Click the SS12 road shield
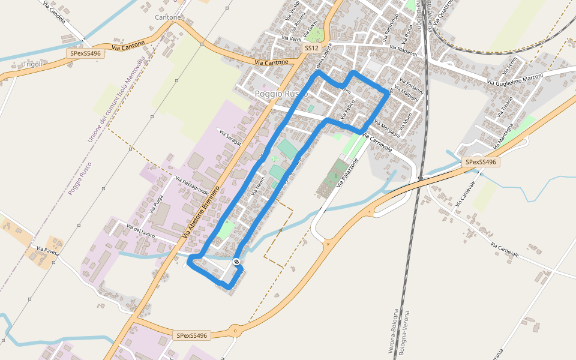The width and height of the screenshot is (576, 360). pos(311,47)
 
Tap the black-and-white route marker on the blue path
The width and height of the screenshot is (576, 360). pos(237,262)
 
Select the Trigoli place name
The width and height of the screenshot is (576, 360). pos(32,64)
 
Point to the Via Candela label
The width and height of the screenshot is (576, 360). pos(54,11)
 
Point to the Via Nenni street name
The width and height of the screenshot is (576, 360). pos(259,187)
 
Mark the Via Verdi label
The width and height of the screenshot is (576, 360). pos(291,38)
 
